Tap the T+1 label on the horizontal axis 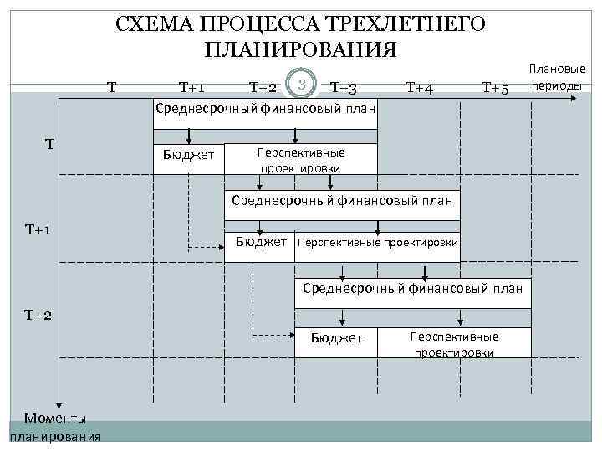194,86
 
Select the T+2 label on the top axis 263,87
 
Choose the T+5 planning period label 496,88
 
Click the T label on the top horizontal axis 111,85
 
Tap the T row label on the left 50,144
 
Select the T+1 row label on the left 39,229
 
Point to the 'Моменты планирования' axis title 55,427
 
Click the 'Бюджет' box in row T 189,156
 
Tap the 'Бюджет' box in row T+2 336,338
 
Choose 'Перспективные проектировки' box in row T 301,160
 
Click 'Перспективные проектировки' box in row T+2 454,344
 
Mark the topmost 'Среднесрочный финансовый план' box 265,110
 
